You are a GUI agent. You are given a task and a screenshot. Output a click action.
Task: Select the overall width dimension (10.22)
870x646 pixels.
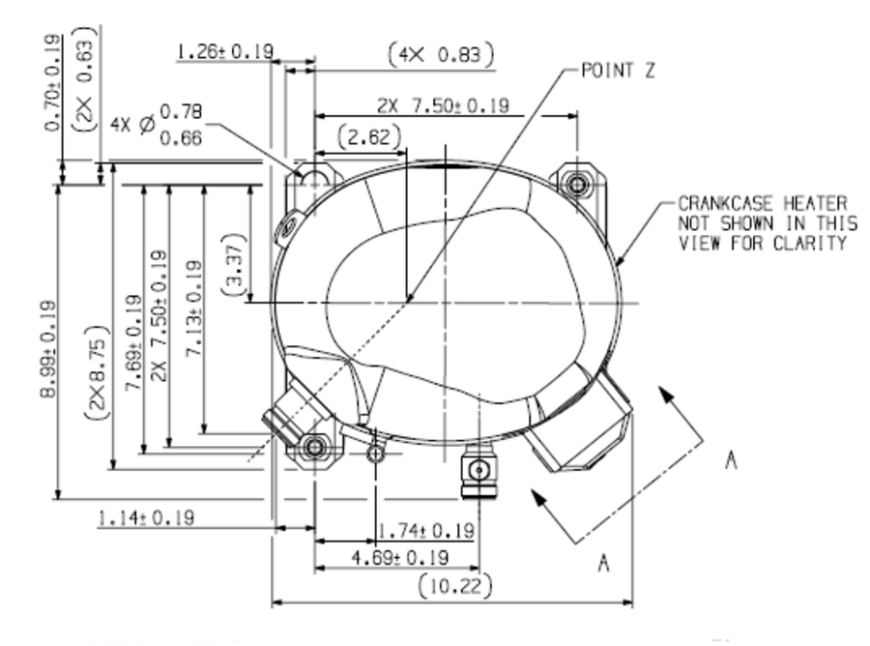457,585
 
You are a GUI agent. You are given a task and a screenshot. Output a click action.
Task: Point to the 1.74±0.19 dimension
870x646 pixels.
425,531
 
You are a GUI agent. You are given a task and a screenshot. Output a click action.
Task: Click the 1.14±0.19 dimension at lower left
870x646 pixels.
145,517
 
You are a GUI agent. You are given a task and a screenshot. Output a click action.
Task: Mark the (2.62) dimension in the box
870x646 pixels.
368,137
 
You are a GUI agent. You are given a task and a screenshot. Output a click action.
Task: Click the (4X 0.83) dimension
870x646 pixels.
441,54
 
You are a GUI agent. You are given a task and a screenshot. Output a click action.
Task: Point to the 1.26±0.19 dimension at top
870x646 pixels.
223,51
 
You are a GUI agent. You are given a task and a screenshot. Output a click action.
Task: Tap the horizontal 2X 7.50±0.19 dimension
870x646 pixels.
443,105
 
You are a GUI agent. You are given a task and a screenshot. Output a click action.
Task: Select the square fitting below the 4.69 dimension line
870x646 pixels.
477,470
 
